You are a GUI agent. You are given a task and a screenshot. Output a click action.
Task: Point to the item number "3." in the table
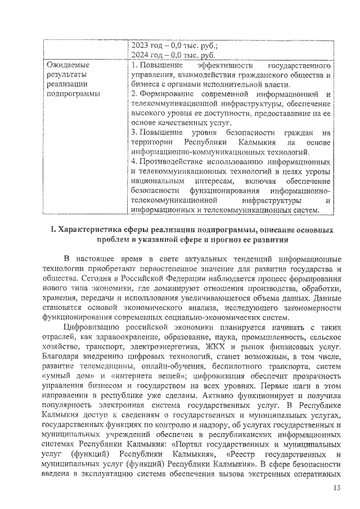pos(133,133)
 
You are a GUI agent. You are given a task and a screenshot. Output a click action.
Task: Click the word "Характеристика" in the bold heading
pos(91,231)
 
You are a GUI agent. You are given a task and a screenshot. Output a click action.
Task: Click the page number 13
pos(337,487)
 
